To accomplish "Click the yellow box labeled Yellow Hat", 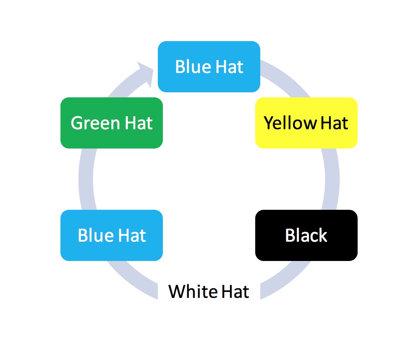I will point(306,123).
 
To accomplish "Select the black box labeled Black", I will point(306,235).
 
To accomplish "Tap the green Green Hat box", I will point(111,123).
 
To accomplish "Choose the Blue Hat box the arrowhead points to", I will point(209,66).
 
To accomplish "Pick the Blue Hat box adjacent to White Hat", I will point(111,235).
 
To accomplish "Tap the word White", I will point(193,291).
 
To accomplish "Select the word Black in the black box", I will point(306,235).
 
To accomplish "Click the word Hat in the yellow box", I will point(334,123).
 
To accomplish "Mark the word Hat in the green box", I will point(139,123).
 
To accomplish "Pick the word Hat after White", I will point(235,291).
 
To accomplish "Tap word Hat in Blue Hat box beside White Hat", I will point(132,235).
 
